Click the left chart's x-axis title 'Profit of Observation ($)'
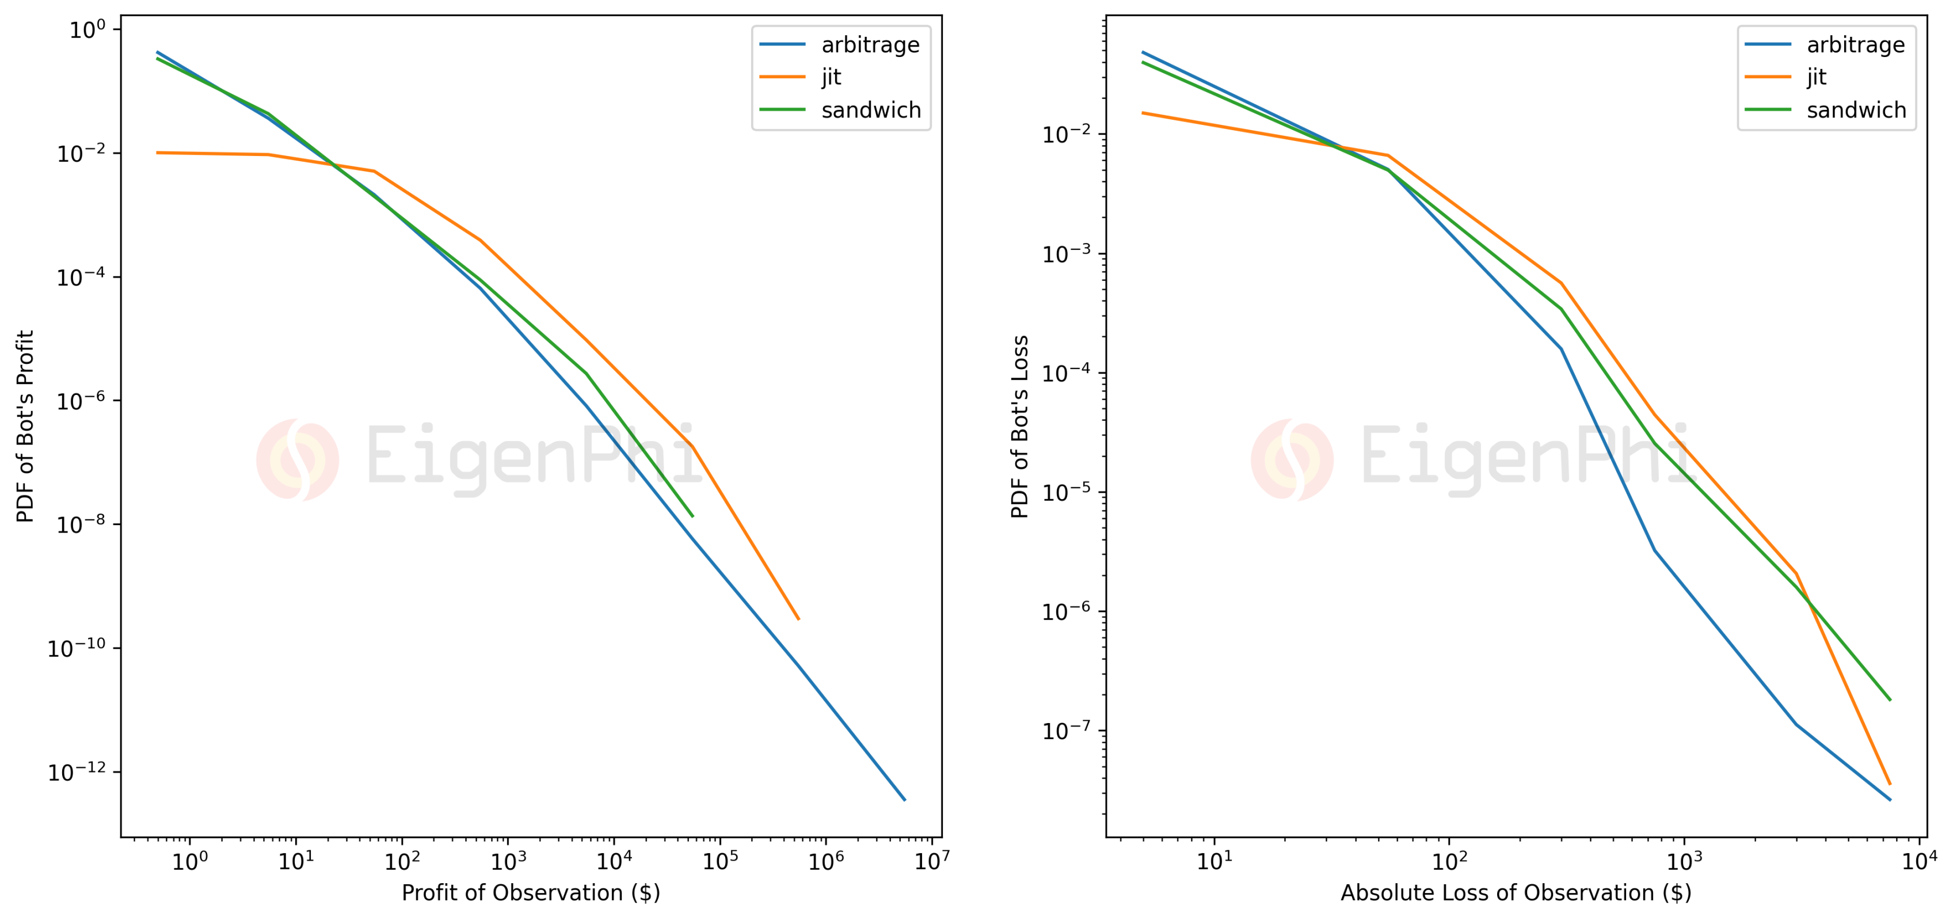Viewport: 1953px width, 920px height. (x=531, y=893)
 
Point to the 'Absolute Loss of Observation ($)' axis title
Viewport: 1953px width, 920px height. (x=1516, y=893)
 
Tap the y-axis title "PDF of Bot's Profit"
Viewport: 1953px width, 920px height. (x=25, y=426)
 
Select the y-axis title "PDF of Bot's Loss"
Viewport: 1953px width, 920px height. (x=1020, y=426)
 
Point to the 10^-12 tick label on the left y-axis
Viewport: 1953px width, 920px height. (x=77, y=772)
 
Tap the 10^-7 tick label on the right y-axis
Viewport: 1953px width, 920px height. (x=1066, y=731)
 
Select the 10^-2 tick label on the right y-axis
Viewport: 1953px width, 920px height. (x=1066, y=135)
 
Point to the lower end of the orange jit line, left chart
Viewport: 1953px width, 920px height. (x=798, y=619)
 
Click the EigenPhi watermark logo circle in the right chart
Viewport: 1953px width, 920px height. (x=1292, y=459)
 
